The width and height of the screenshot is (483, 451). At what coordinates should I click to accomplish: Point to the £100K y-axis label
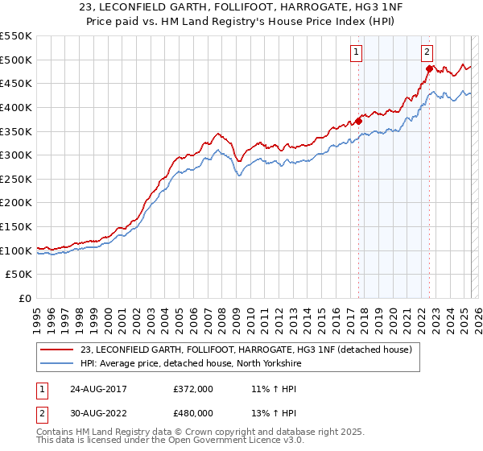(16, 250)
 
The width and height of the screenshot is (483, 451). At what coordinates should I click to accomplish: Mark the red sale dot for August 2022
(429, 69)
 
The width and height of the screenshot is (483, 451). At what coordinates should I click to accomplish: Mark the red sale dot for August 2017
(358, 121)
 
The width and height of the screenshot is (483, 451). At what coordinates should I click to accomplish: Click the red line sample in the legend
(57, 350)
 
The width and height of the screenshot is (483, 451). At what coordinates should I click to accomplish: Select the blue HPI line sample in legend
(57, 363)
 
